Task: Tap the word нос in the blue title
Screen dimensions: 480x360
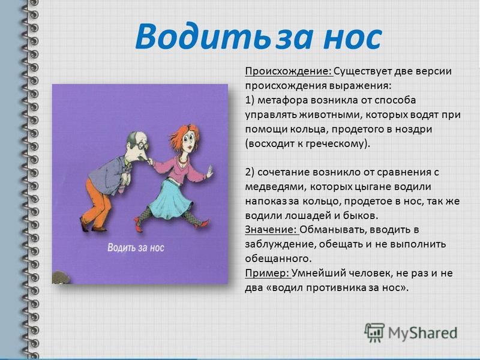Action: click(352, 38)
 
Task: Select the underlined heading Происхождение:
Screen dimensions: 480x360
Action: click(289, 71)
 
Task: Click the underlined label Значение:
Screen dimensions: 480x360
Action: click(271, 230)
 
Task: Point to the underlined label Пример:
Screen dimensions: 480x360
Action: click(267, 274)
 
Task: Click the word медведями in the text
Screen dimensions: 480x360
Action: click(275, 187)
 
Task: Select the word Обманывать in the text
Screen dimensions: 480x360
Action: click(333, 230)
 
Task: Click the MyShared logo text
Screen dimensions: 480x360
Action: click(422, 333)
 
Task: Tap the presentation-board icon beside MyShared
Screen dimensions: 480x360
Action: click(374, 332)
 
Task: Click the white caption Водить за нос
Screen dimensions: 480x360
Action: click(136, 248)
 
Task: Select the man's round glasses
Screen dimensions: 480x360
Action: click(143, 145)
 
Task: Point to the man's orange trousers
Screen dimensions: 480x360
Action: click(97, 203)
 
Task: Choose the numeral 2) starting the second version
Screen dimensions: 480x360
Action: click(250, 172)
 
